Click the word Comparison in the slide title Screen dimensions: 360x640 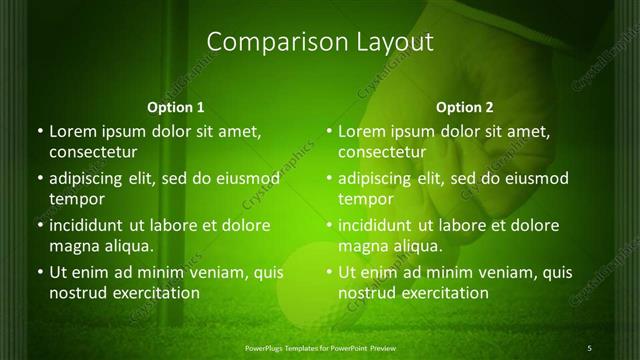[268, 42]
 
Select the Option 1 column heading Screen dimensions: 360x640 [176, 107]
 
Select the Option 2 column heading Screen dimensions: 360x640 [465, 107]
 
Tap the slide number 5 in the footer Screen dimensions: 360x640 [590, 347]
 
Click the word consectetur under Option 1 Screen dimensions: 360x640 [93, 153]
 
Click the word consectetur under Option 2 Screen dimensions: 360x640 [382, 153]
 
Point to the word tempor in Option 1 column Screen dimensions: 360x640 [77, 200]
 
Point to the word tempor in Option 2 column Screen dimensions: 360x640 [366, 200]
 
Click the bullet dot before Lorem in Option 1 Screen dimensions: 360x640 [39, 132]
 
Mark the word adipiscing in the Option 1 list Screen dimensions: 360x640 [90, 180]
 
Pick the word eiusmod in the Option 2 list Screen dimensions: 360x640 [535, 179]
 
